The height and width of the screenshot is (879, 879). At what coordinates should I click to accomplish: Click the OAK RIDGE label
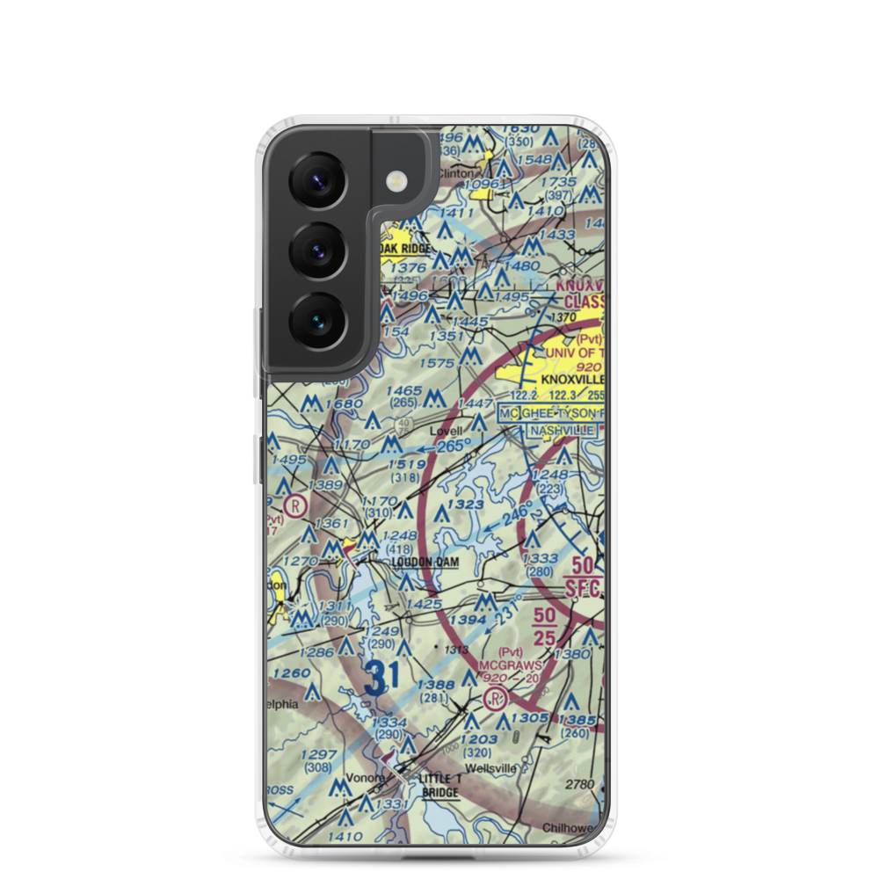tap(407, 249)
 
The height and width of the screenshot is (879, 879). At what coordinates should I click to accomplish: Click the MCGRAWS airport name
tap(510, 665)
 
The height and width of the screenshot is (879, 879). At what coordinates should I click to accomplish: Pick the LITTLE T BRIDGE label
tap(440, 786)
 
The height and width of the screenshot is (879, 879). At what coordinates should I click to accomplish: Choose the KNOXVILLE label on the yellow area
tap(571, 379)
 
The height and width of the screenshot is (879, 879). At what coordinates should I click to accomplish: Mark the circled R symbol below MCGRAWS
tap(495, 699)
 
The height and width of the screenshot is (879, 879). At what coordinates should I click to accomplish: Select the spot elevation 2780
tap(580, 783)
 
